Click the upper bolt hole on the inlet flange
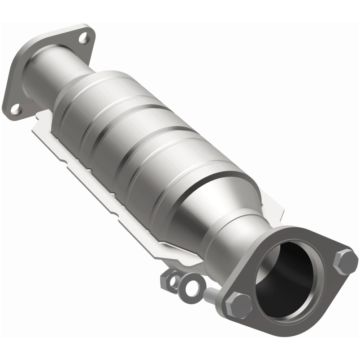pyautogui.click(x=83, y=38)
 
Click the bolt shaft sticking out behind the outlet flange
pyautogui.click(x=211, y=295)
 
